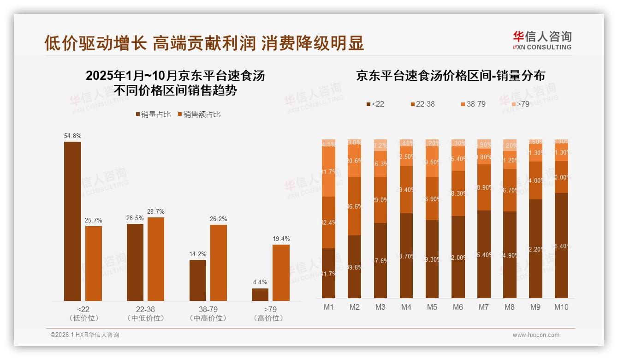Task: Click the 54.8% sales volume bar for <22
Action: tap(72, 221)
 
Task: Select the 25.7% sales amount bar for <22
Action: tap(94, 263)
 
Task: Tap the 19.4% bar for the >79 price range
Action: tap(281, 272)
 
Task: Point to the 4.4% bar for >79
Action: tap(260, 294)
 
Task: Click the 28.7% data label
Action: tap(156, 211)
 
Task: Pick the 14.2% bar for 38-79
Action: tap(198, 280)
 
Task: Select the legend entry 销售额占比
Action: tap(199, 114)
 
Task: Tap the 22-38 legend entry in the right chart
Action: tap(422, 104)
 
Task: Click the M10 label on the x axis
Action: tap(561, 307)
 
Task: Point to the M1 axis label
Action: tap(329, 307)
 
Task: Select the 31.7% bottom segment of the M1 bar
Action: tap(329, 273)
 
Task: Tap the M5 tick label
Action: tap(432, 307)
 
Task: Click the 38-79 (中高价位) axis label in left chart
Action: tap(208, 313)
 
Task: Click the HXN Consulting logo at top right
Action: tap(542, 41)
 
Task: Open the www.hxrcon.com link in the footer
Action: tap(536, 335)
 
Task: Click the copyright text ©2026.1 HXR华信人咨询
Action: tap(85, 335)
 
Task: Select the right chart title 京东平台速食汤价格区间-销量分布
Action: tap(450, 76)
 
